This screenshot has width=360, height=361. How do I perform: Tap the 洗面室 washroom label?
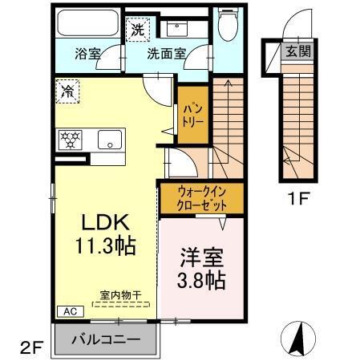pos(166,56)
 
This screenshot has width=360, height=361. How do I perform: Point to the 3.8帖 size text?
pos(200,282)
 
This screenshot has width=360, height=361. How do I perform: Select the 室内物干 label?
pos(120,296)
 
